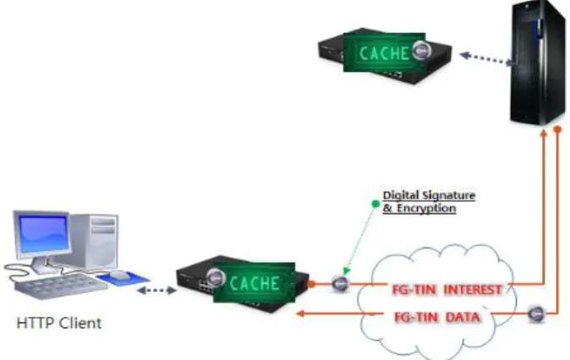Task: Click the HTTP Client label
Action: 59,323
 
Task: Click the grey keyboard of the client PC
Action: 60,286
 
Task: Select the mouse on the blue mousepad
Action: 119,275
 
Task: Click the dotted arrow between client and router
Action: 156,290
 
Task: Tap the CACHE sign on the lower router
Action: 254,282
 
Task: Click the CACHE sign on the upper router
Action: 384,52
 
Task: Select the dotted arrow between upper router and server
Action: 486,59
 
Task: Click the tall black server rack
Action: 537,63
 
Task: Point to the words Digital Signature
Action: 429,195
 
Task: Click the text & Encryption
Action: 419,209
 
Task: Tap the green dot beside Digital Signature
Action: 375,204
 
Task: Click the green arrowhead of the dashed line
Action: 346,270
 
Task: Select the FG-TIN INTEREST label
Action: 447,290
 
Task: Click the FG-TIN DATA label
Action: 437,317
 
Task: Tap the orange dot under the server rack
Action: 557,129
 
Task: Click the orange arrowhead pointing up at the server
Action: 544,134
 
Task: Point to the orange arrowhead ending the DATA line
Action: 300,314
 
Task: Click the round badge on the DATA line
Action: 536,314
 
